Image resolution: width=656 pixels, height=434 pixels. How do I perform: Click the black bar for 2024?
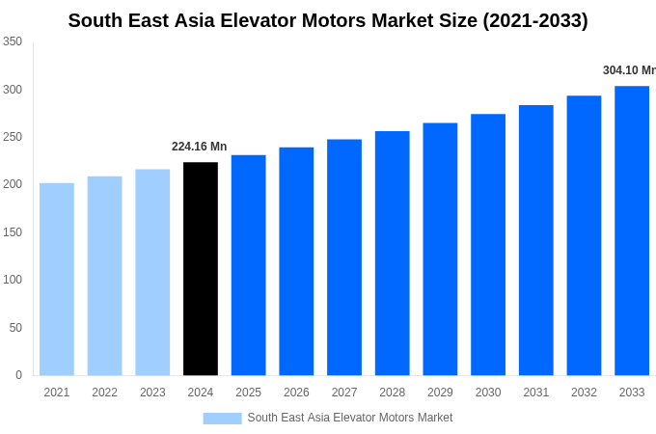(x=201, y=269)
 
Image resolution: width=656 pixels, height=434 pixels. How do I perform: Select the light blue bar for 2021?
(x=57, y=280)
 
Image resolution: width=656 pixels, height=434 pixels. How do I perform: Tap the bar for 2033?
(x=632, y=231)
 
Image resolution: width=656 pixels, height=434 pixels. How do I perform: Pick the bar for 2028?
(x=393, y=254)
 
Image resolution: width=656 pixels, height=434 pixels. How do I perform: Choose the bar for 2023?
(x=152, y=273)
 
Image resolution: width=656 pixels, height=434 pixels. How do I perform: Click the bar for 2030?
(x=488, y=245)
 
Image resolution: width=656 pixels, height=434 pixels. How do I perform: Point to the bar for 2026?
(x=296, y=261)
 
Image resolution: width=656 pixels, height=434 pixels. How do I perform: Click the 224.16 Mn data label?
(x=199, y=147)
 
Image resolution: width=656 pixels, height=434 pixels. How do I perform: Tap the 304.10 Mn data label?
(x=629, y=70)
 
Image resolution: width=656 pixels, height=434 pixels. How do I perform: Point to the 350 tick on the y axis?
(x=13, y=41)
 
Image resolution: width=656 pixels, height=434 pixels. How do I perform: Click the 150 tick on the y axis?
(x=13, y=232)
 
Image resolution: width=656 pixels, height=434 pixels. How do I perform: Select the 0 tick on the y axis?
(x=18, y=375)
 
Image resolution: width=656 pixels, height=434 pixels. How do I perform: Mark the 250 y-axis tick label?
(x=13, y=137)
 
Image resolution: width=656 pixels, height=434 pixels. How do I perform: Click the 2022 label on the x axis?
(x=104, y=393)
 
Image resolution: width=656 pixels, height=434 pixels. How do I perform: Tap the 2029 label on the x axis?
(x=440, y=393)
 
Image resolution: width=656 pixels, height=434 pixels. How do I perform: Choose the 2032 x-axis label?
(x=584, y=393)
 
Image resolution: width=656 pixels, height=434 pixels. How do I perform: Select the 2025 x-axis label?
(x=248, y=393)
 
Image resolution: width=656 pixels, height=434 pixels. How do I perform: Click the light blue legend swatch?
(x=222, y=419)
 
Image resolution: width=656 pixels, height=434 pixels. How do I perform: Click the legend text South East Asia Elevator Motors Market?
(x=349, y=418)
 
